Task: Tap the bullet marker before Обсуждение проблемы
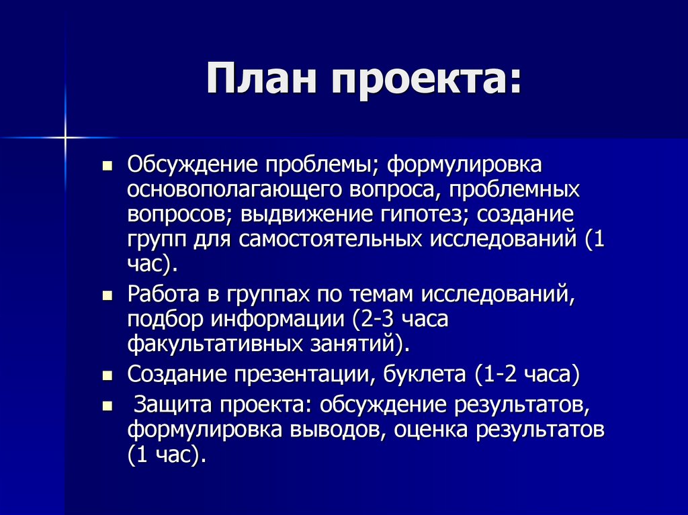tap(107, 164)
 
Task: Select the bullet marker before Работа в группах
tap(107, 295)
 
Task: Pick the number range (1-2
tap(498, 374)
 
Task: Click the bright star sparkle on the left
tap(66, 138)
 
